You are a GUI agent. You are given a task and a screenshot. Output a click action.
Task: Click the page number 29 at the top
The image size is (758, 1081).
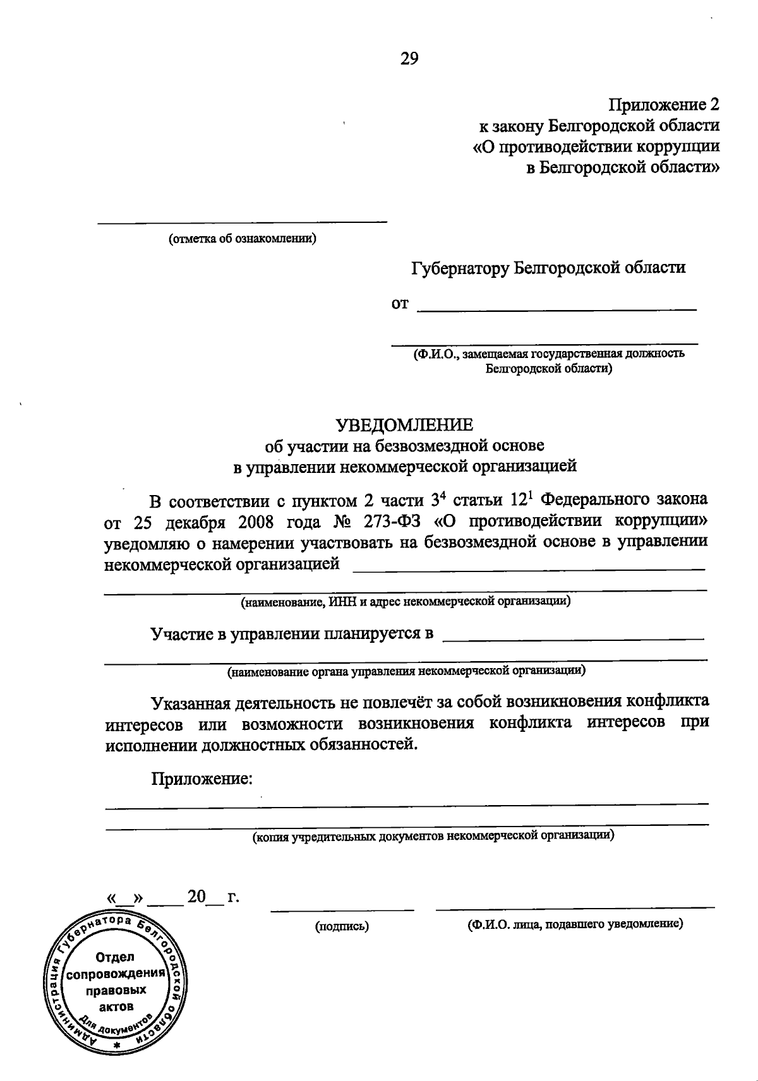click(409, 59)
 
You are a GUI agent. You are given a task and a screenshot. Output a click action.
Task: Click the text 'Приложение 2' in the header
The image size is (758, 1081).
click(664, 104)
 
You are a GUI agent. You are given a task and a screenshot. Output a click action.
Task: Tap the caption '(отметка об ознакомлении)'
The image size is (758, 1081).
click(242, 239)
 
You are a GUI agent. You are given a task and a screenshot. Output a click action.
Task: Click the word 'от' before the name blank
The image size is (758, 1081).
click(400, 304)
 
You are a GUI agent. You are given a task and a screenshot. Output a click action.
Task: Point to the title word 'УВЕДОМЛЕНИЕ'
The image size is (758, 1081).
click(404, 424)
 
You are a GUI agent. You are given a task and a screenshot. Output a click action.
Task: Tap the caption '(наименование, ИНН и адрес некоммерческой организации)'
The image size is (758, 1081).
click(406, 601)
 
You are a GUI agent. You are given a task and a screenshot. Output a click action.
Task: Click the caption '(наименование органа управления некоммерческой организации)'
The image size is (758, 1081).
click(406, 671)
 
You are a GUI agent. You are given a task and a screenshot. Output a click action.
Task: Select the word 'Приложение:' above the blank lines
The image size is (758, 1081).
click(202, 779)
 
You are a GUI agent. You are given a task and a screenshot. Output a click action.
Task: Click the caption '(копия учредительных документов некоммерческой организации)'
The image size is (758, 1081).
click(433, 837)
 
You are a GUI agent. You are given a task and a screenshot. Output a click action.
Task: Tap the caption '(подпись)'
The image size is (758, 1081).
click(342, 926)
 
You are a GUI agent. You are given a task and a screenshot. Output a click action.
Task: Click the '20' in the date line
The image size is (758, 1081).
click(196, 897)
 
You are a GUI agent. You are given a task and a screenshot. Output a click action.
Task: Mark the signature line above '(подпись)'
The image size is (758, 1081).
click(342, 910)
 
